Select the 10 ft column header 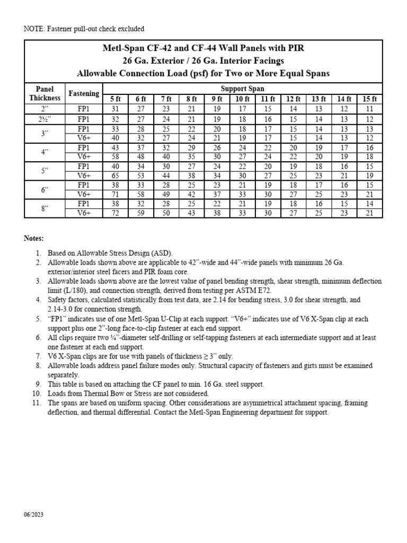tap(243, 99)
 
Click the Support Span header tap(242, 88)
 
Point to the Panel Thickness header tap(45, 93)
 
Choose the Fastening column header tap(84, 93)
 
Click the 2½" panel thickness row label tap(45, 119)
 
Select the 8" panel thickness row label tap(45, 208)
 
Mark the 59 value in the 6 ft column tap(140, 213)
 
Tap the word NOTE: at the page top tap(35, 28)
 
